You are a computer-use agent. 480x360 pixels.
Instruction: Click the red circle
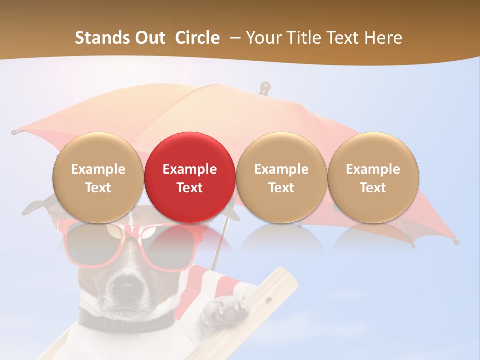pos(189,177)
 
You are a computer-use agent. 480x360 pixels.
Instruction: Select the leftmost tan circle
pos(98,177)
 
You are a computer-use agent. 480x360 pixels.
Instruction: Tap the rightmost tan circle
pos(373,177)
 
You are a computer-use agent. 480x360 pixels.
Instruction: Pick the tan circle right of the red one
pos(281,177)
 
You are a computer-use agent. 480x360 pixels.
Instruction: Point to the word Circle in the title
pos(197,38)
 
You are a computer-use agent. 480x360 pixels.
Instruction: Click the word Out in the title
pos(149,38)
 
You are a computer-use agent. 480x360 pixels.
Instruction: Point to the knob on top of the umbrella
pos(265,87)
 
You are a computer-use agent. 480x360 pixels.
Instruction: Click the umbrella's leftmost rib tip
pos(14,132)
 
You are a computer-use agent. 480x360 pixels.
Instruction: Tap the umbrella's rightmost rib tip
pos(456,242)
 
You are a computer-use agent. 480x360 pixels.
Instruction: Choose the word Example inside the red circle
pos(189,169)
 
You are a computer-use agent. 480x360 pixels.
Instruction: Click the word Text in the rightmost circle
pos(373,188)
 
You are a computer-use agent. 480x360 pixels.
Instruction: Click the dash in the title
pos(233,38)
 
